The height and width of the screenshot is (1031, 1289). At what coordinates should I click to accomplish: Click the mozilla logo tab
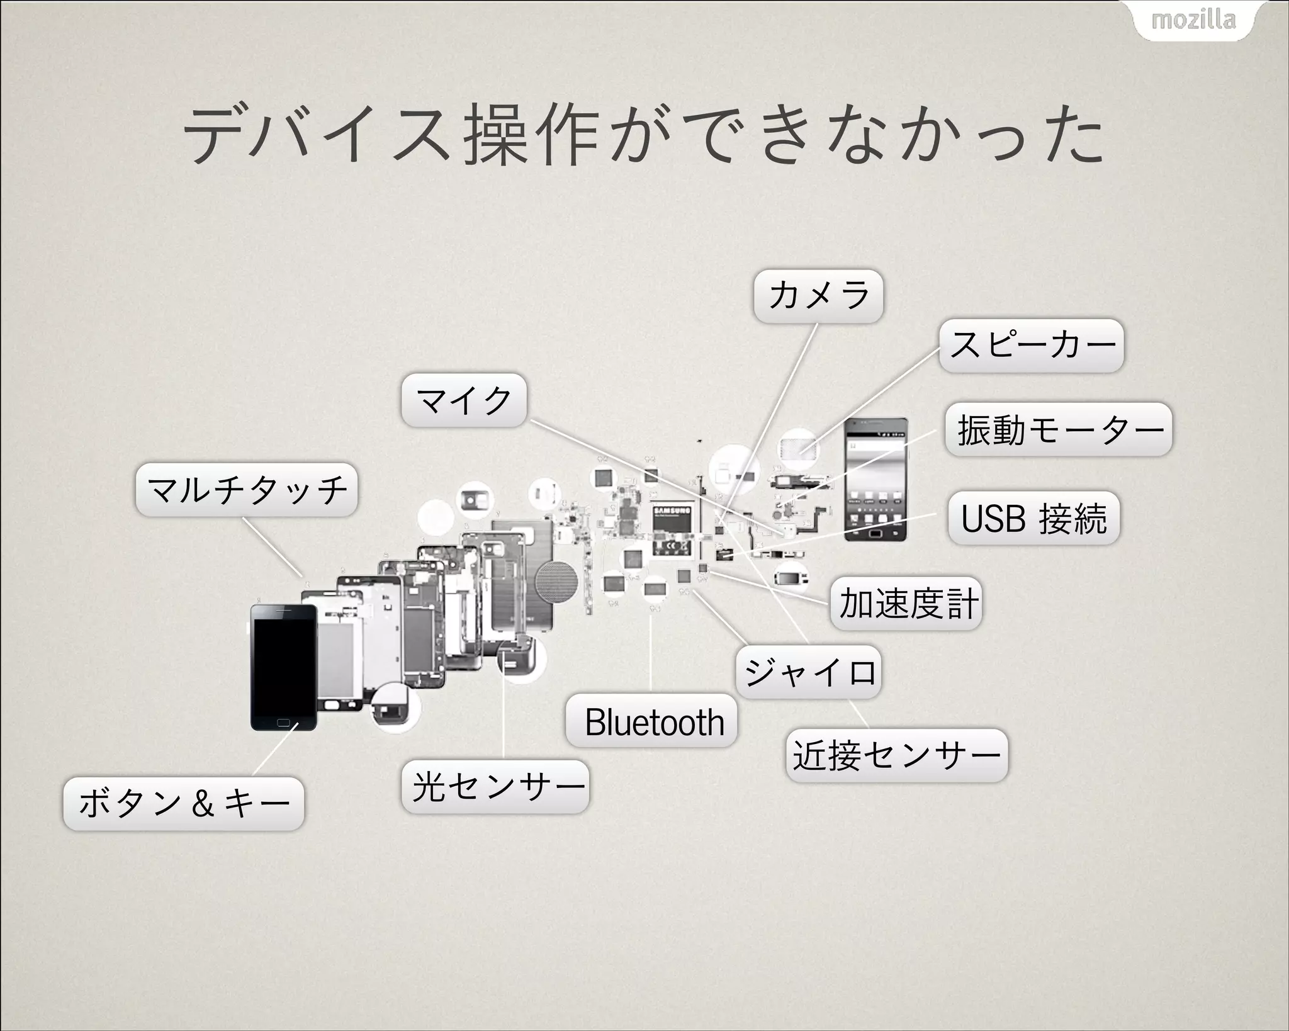point(1193,20)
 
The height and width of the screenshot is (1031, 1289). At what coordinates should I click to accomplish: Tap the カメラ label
point(818,296)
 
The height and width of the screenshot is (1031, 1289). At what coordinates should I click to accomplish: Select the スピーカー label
point(1031,345)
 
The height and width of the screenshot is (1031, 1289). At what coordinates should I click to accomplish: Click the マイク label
point(464,400)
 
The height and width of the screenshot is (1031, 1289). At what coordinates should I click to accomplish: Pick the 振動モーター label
point(1059,430)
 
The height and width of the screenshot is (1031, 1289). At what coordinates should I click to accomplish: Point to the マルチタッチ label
point(247,490)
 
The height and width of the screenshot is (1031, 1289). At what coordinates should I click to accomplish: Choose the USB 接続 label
point(1033,518)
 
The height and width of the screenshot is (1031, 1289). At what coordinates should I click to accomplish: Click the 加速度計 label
point(906,603)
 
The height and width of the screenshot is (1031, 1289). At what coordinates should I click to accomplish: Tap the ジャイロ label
point(809,672)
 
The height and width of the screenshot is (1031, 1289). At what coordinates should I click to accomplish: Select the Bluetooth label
point(652,721)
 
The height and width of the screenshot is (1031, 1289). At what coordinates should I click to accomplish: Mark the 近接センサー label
point(897,755)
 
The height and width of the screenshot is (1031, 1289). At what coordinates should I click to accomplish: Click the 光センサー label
point(495,787)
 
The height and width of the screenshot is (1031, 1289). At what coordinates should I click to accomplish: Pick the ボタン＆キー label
point(184,804)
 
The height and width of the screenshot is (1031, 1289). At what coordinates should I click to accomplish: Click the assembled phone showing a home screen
point(875,480)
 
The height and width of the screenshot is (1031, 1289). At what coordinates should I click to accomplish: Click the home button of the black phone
point(284,722)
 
